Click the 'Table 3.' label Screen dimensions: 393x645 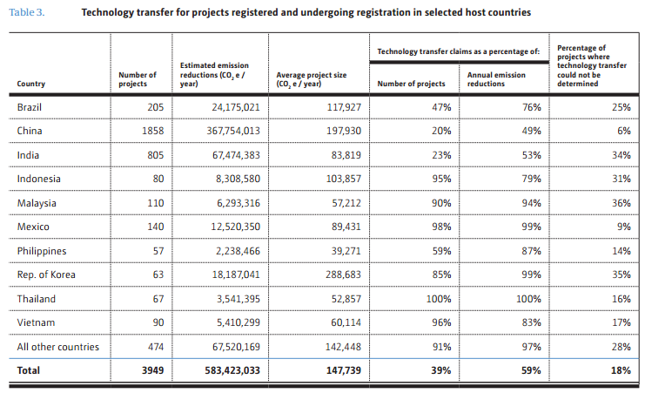[x=26, y=13]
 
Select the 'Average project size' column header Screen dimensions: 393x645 [x=311, y=79]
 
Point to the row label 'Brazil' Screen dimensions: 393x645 [x=30, y=106]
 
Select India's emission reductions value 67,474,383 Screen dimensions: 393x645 [x=230, y=154]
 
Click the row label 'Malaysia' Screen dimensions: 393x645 [x=37, y=202]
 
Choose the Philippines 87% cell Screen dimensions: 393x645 [x=530, y=251]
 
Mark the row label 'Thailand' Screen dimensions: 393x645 [x=36, y=299]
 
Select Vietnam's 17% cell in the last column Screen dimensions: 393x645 [x=620, y=322]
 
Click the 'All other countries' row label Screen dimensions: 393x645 [x=57, y=347]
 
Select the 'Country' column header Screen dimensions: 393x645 [x=31, y=84]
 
